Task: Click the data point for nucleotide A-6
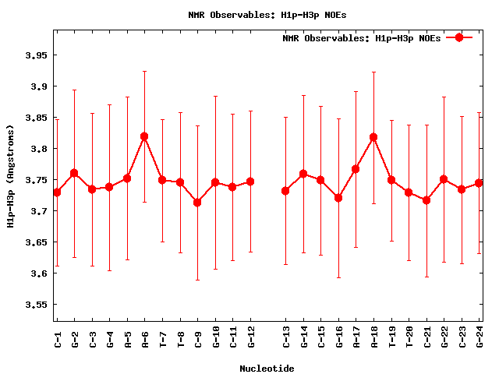144,136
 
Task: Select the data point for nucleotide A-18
373,137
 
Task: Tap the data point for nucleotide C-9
197,203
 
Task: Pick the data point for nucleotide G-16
338,198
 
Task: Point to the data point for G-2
74,173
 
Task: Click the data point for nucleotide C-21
426,200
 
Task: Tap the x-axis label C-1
57,338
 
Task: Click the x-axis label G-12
250,337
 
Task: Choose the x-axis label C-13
285,337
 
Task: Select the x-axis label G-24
480,337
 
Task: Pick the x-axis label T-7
162,338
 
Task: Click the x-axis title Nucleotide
267,368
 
